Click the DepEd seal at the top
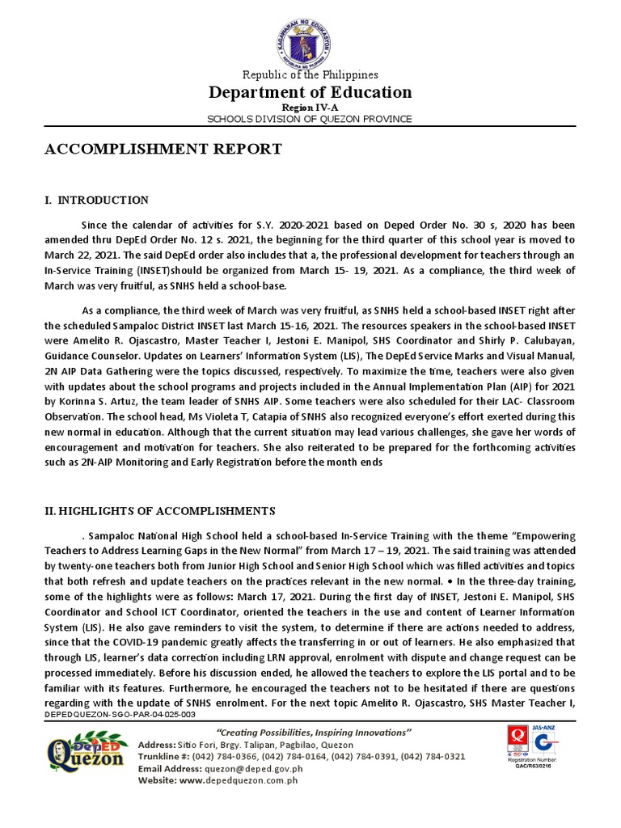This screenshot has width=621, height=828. click(x=310, y=36)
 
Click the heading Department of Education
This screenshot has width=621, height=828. click(x=310, y=92)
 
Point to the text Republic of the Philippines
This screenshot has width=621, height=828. click(x=310, y=75)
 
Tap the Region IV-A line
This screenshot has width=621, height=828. click(x=310, y=107)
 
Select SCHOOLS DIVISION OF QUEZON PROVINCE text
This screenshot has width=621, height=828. click(x=310, y=119)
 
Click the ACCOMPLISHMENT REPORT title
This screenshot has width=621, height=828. click(x=163, y=149)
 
